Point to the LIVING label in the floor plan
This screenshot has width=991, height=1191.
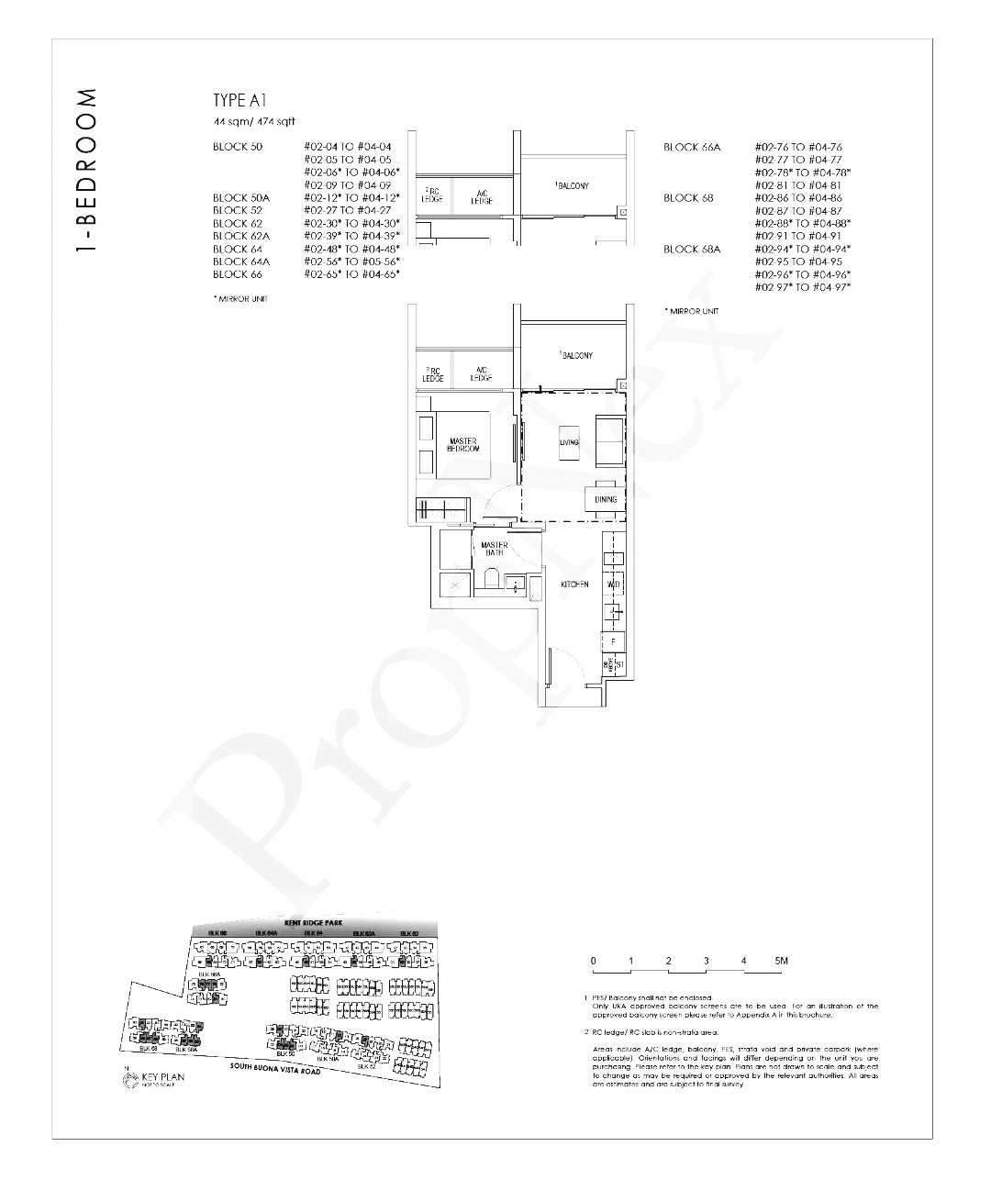click(x=569, y=442)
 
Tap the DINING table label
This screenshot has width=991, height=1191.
click(x=605, y=499)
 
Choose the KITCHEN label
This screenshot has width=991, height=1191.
click(x=574, y=584)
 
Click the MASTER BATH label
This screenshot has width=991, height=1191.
click(x=495, y=549)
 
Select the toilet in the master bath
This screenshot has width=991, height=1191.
click(x=491, y=580)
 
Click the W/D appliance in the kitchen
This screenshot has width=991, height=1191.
click(x=613, y=584)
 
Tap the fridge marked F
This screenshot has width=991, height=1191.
click(x=613, y=641)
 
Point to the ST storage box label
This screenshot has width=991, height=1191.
click(x=619, y=664)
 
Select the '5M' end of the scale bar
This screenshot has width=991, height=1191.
click(x=781, y=962)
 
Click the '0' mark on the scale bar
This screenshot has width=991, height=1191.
click(x=594, y=962)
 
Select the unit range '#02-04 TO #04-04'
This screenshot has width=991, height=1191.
click(x=347, y=147)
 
